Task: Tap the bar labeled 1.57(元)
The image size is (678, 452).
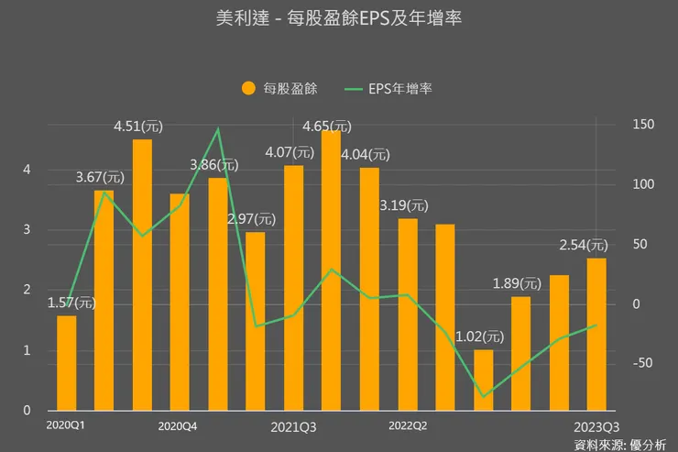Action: [66, 363]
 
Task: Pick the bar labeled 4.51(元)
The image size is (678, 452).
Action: [142, 275]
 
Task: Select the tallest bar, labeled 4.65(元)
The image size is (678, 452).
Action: [331, 271]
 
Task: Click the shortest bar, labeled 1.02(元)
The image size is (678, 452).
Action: [483, 380]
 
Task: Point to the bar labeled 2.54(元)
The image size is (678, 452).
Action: [596, 334]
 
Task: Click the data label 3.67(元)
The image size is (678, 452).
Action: [101, 177]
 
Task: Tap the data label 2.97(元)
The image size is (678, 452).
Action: [251, 219]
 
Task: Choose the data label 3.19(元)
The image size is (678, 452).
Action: [404, 205]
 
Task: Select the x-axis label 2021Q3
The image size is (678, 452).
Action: [294, 426]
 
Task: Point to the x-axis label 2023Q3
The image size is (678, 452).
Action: [596, 426]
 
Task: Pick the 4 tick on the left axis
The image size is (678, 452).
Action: [27, 170]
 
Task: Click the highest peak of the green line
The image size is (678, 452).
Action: [217, 128]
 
